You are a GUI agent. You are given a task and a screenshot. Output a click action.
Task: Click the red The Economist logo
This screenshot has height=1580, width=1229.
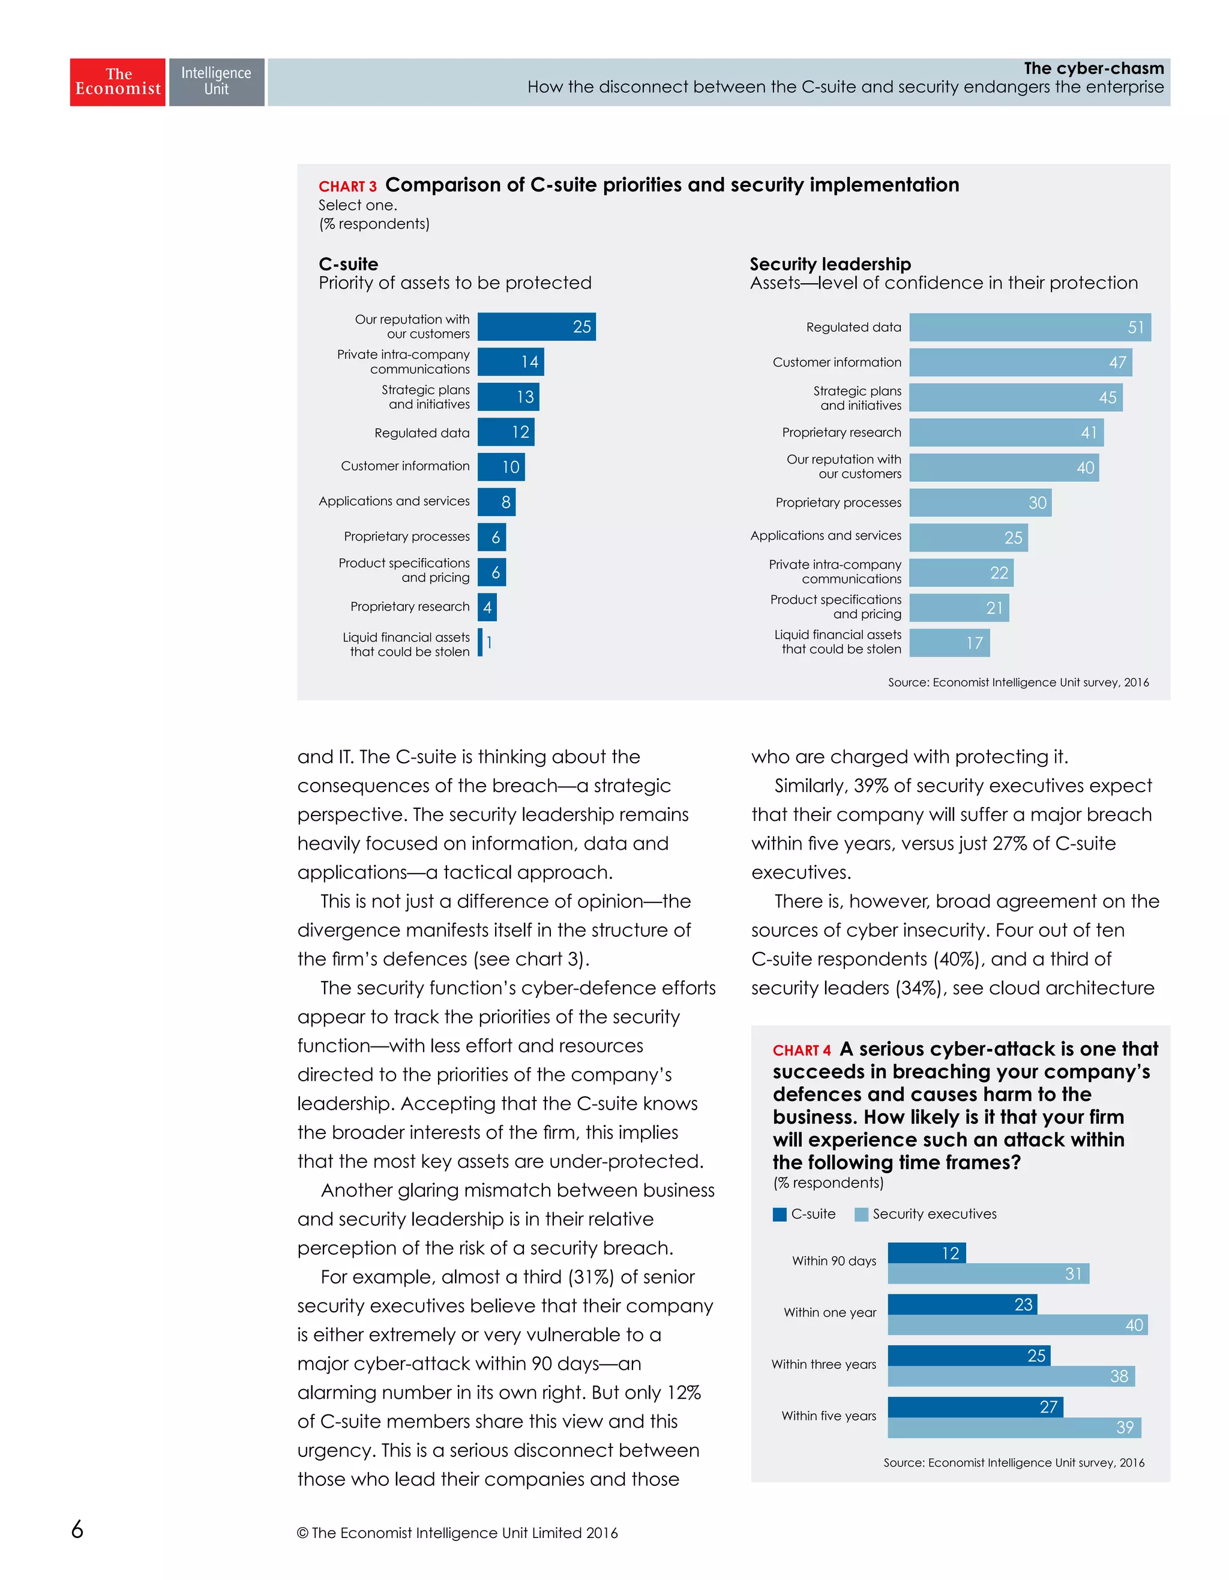coord(117,82)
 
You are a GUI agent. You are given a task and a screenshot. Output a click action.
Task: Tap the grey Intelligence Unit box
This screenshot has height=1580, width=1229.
coord(216,82)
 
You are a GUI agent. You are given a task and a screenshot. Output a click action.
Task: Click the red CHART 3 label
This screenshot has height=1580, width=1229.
coord(347,187)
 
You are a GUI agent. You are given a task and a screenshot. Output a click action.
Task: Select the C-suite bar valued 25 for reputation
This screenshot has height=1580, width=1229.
coord(536,326)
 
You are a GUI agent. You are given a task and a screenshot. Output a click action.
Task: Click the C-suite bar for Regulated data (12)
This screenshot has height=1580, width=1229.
coord(506,432)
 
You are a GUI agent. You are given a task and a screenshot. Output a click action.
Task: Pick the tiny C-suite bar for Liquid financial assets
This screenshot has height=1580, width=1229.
coord(480,643)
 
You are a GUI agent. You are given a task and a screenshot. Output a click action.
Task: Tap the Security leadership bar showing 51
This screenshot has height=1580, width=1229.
coord(1029,327)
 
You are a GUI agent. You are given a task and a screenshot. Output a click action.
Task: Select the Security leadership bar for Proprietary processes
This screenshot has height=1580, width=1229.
coord(979,502)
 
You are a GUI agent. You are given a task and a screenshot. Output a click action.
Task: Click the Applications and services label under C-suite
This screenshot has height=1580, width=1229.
coord(394,500)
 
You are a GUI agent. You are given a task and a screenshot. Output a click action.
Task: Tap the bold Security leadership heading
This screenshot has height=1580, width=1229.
coord(830,264)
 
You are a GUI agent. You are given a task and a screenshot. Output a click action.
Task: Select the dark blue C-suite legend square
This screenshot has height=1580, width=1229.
coord(779,1214)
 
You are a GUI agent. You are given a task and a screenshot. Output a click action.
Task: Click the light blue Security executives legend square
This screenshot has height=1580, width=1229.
coord(861,1214)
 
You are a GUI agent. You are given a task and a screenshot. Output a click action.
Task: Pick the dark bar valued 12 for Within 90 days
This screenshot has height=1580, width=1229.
coord(926,1252)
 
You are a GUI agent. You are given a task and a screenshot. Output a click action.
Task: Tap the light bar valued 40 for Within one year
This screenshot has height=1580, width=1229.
coord(1017,1324)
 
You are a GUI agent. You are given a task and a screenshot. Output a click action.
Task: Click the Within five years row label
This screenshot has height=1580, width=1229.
coord(828,1415)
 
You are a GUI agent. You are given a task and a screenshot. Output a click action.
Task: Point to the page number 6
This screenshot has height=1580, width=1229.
coord(77,1528)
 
